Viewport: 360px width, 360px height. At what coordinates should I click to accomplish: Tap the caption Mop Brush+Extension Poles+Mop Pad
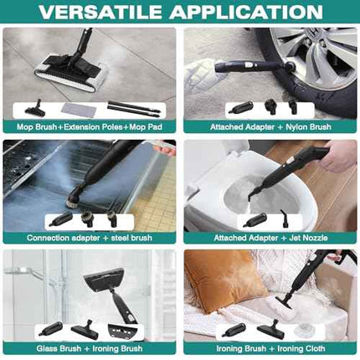click(90, 126)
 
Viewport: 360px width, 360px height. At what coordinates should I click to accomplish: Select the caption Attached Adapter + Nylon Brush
click(270, 126)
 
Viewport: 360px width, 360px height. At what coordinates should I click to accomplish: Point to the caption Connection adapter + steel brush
click(90, 238)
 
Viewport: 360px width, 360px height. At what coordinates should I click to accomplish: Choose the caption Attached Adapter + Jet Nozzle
click(270, 238)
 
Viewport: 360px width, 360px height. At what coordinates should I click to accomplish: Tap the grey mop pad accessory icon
click(76, 109)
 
